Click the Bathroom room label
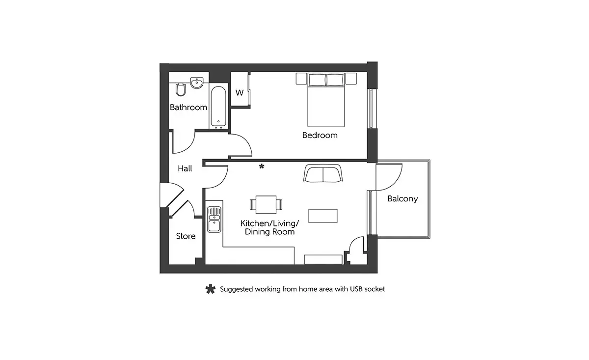pyautogui.click(x=188, y=108)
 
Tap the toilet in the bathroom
pyautogui.click(x=181, y=89)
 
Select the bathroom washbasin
pyautogui.click(x=197, y=83)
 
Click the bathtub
pyautogui.click(x=218, y=108)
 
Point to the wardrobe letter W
pyautogui.click(x=240, y=93)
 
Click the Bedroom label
pyautogui.click(x=320, y=135)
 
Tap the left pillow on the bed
pyautogui.click(x=317, y=80)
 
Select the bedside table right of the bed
pyautogui.click(x=351, y=79)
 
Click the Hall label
pyautogui.click(x=185, y=168)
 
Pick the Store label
pyautogui.click(x=186, y=236)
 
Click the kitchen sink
pyautogui.click(x=214, y=219)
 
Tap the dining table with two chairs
pyautogui.click(x=266, y=204)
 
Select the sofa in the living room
pyautogui.click(x=323, y=173)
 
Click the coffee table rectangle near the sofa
pyautogui.click(x=323, y=216)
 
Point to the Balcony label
pyautogui.click(x=402, y=199)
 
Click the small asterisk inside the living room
pyautogui.click(x=262, y=166)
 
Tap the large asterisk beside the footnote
pyautogui.click(x=211, y=289)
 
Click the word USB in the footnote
pyautogui.click(x=356, y=289)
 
